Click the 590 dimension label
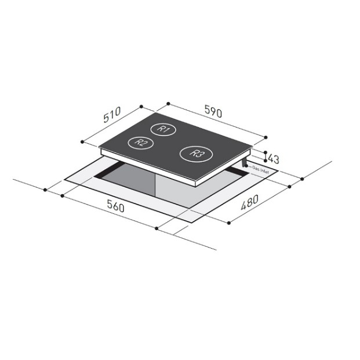point(213,111)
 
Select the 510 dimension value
point(112,115)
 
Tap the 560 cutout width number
point(116,206)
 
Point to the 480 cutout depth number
point(250,202)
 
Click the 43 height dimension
point(274,159)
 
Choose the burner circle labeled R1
point(163,129)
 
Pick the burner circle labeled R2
point(140,143)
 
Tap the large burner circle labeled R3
point(196,154)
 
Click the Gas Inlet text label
point(261,169)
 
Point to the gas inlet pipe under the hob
point(244,162)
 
